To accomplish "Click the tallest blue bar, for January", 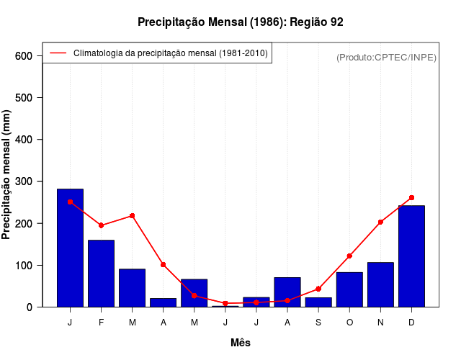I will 70,248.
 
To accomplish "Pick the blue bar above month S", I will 318,302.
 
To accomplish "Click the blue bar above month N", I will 380,285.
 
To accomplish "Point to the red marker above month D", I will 411,197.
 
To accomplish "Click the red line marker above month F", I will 101,225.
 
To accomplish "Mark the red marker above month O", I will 349,256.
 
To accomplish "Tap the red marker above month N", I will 380,222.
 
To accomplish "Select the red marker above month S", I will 318,289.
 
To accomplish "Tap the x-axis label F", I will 101,322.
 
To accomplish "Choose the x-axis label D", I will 411,322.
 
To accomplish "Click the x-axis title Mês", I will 241,343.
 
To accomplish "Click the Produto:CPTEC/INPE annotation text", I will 386,57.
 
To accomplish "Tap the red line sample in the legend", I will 58,53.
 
